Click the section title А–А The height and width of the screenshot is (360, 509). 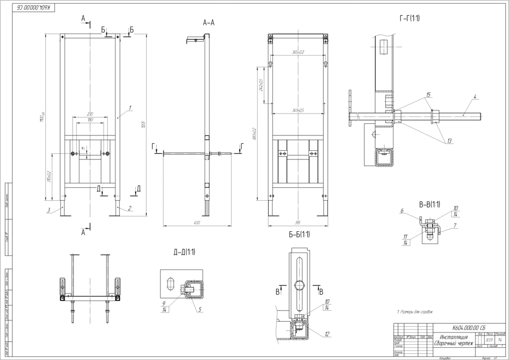coord(209,23)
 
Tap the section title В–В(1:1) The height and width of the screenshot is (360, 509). coord(429,205)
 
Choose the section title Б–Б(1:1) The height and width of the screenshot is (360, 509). coord(299,234)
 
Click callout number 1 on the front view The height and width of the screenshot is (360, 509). coord(130,107)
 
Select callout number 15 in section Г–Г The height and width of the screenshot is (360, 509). coord(429,95)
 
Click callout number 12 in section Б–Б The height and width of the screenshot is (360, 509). coord(327,334)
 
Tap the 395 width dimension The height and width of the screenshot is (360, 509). coord(299,223)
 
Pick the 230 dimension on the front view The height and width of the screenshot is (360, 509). coord(90,114)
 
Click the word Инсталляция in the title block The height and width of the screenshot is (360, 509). coord(451,337)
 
